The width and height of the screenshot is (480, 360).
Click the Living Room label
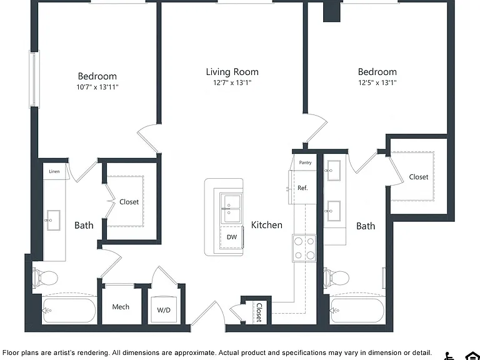(x=232, y=72)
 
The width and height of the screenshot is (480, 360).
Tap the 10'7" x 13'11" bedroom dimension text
(x=97, y=87)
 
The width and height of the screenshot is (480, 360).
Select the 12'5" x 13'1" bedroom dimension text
(x=377, y=82)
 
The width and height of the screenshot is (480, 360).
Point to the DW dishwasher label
(x=232, y=237)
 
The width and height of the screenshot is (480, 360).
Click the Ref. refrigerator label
(x=302, y=188)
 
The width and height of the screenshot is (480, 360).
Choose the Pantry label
(x=305, y=162)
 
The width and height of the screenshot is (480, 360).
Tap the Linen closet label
(x=54, y=171)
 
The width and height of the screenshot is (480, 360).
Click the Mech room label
(x=121, y=307)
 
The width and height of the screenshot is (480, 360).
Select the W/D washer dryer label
(x=164, y=310)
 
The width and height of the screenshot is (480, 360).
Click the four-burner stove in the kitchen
(x=304, y=248)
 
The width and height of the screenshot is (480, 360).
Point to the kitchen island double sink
(x=231, y=208)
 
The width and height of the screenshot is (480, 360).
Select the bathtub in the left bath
(x=69, y=311)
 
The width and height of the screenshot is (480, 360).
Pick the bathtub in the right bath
(x=357, y=311)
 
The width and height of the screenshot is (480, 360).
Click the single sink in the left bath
(x=53, y=220)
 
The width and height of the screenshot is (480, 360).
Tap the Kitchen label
(x=267, y=225)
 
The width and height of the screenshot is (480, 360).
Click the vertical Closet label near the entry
(x=259, y=312)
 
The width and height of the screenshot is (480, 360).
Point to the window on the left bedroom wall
(x=34, y=79)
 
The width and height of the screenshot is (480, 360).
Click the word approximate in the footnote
(x=194, y=353)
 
